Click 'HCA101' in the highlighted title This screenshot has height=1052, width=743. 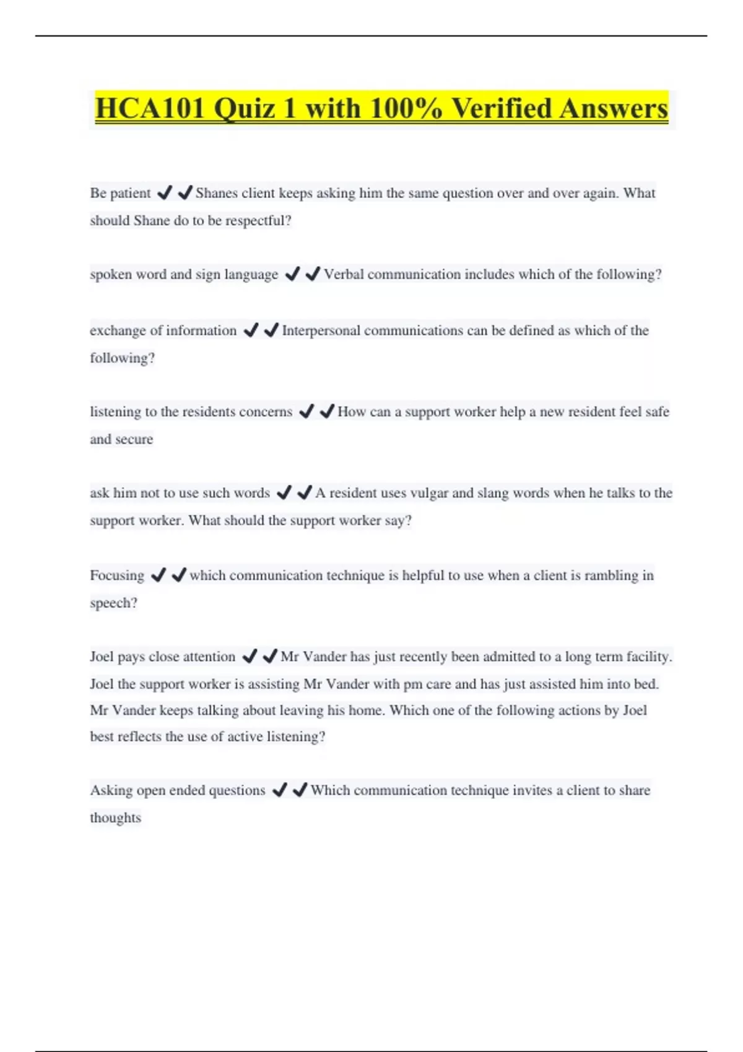(x=149, y=108)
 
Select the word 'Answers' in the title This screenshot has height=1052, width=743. (x=612, y=108)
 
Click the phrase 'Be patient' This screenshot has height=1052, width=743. (x=120, y=193)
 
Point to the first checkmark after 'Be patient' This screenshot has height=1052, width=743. (x=164, y=193)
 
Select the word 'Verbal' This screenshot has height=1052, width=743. (x=344, y=274)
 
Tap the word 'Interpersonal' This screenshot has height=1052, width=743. (x=321, y=330)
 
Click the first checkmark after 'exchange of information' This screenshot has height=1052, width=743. (x=251, y=330)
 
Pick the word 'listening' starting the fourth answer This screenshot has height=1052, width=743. (x=115, y=412)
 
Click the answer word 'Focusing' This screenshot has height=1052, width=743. (x=117, y=576)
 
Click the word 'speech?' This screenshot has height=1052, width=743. (x=113, y=603)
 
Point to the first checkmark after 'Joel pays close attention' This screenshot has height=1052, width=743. (x=250, y=657)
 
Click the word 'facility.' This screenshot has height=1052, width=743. (x=649, y=657)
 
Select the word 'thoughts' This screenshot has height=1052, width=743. (x=115, y=817)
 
